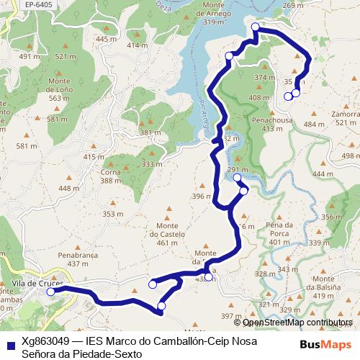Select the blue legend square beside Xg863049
point(10,342)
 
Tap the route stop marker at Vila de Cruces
point(50,292)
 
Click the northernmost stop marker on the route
point(256,27)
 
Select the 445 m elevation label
point(105,39)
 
